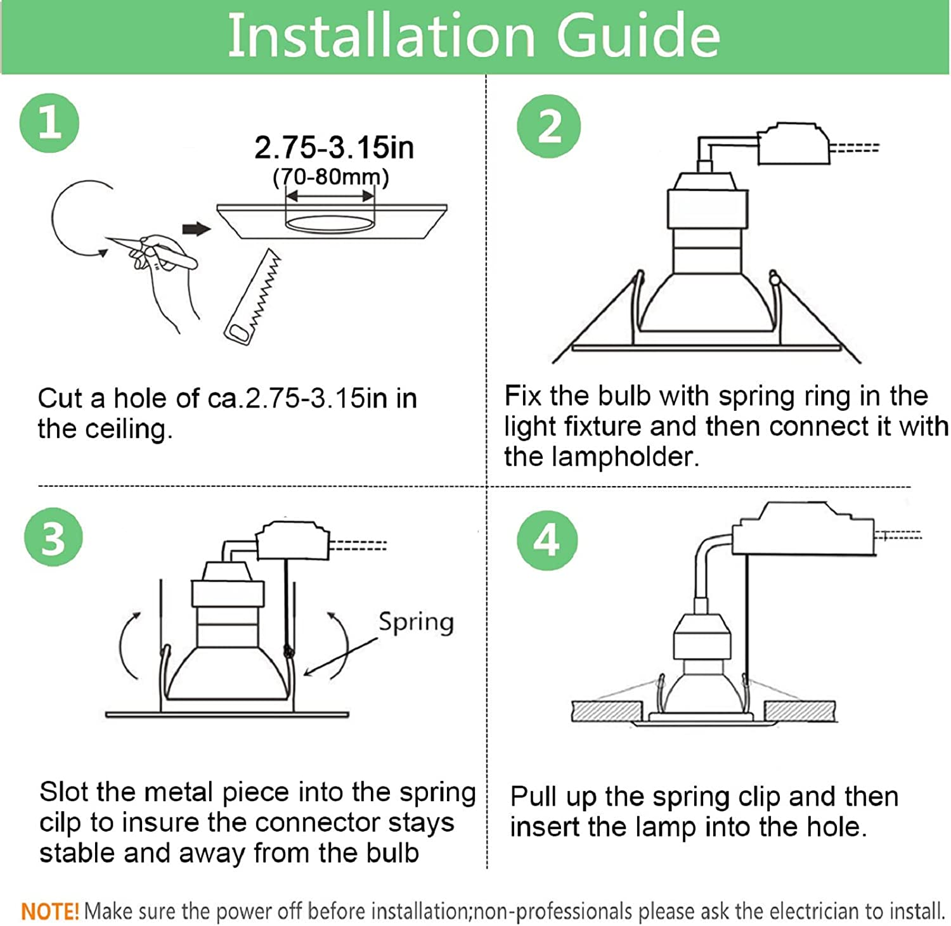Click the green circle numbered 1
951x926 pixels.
point(49,122)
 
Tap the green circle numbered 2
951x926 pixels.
point(549,126)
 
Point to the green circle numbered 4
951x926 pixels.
point(547,541)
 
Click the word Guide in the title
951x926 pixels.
point(638,35)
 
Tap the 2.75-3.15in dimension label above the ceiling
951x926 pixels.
point(334,148)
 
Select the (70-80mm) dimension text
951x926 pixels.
point(331,177)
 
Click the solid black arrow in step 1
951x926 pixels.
point(197,229)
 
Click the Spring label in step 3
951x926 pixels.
point(416,622)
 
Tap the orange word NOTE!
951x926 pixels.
point(50,911)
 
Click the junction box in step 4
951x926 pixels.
point(804,529)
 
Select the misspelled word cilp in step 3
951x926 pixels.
point(60,823)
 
